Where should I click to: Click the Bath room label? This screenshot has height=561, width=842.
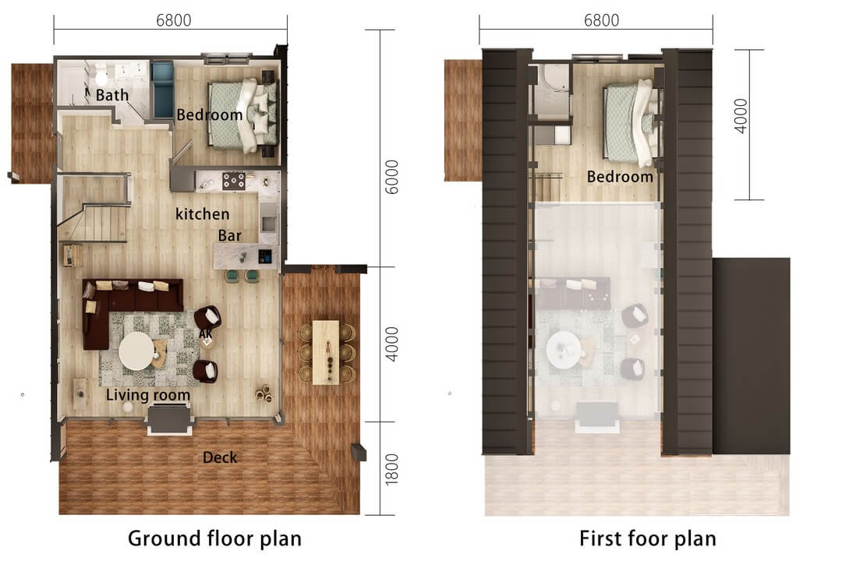[112, 96]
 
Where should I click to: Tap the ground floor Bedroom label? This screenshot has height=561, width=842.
[209, 115]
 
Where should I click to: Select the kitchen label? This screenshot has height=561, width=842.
[202, 213]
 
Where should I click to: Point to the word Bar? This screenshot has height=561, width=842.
[229, 235]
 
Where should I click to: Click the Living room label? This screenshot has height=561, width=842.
[148, 395]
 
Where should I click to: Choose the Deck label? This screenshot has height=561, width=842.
[220, 457]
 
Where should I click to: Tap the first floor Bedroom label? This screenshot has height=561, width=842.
[620, 177]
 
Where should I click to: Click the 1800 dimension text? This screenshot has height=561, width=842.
[392, 468]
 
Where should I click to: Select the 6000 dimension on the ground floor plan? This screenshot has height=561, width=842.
[392, 178]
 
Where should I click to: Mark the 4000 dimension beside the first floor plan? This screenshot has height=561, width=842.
[741, 115]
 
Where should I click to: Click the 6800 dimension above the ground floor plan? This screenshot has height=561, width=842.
[173, 21]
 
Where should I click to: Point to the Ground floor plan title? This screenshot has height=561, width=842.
[214, 538]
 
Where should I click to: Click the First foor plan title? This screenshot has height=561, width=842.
[647, 538]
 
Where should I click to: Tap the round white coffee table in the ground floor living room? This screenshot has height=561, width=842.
[136, 351]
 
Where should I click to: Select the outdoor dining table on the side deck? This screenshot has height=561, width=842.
[326, 351]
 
